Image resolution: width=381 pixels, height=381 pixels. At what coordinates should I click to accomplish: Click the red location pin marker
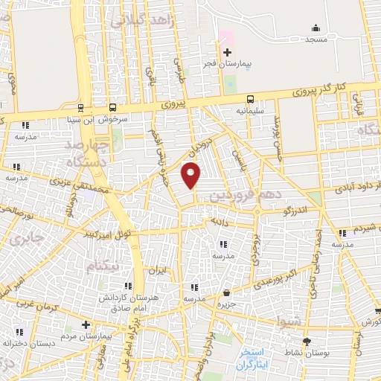point(191,176)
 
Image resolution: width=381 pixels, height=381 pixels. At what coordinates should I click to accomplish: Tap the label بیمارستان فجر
point(227,65)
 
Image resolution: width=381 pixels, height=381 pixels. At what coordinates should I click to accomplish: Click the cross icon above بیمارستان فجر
point(227,52)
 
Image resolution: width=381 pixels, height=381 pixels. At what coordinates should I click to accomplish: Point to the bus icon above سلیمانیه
point(251,97)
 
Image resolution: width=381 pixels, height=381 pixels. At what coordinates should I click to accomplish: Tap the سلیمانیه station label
point(251,110)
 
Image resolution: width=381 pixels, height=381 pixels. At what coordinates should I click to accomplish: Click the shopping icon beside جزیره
point(225,292)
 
